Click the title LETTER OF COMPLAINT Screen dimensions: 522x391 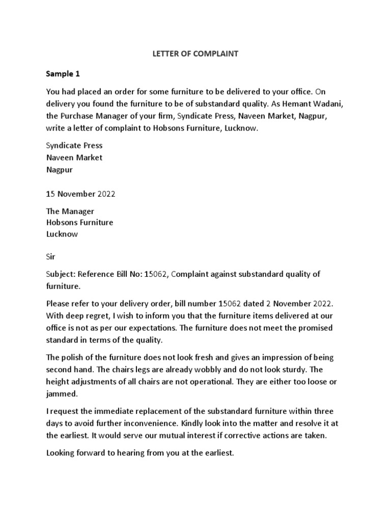coord(196,53)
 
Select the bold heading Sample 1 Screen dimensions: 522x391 coord(63,73)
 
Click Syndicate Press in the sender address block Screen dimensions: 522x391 coord(74,146)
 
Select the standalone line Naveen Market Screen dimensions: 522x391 coord(74,158)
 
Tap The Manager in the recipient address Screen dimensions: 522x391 coord(70,211)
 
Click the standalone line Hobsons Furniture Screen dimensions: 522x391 coord(80,223)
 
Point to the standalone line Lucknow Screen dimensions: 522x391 coord(63,234)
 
